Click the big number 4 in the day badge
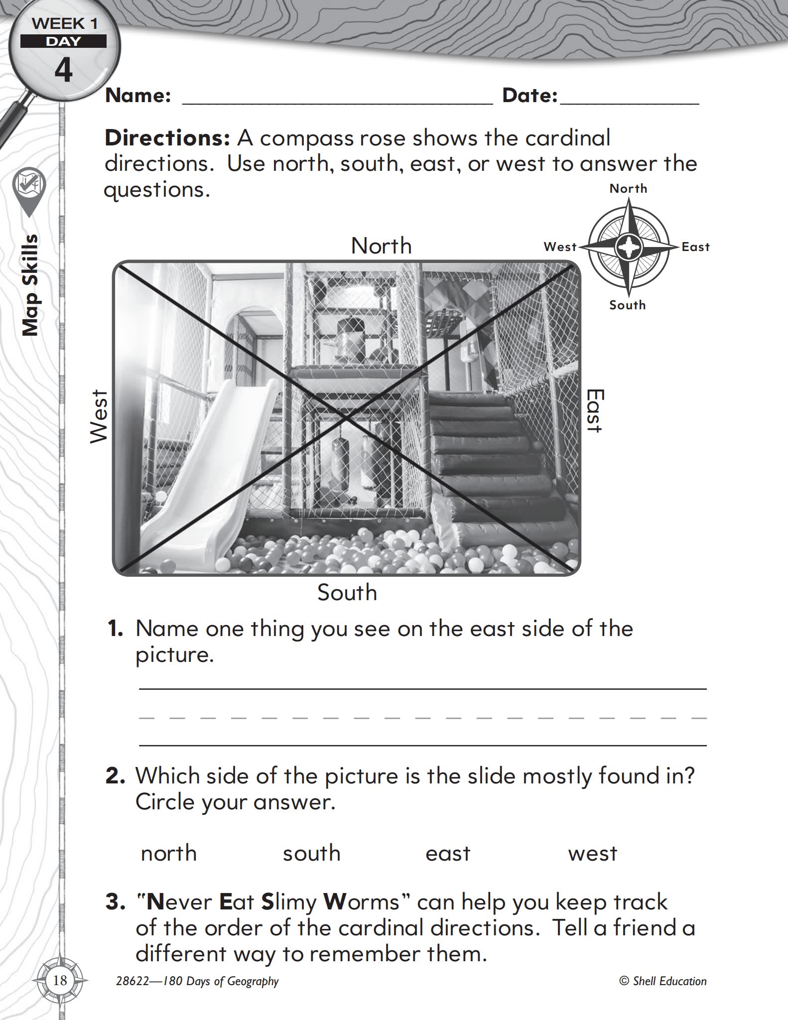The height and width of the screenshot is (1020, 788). tap(63, 70)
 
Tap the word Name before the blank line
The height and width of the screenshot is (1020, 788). tap(138, 96)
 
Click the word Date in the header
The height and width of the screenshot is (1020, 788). tap(529, 96)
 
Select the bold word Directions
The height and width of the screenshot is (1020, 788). tap(167, 138)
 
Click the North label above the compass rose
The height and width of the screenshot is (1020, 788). tap(628, 189)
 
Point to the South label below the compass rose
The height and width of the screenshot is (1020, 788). tap(628, 305)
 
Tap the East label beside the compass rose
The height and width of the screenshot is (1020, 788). tap(695, 247)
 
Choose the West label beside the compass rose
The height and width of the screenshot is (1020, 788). tap(560, 247)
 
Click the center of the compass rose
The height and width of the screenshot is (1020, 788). tap(628, 247)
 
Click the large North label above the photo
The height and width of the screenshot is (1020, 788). tap(382, 246)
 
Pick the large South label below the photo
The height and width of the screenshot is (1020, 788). tap(347, 593)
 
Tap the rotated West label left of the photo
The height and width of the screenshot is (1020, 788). tap(99, 416)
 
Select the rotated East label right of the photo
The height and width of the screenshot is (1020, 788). tap(595, 411)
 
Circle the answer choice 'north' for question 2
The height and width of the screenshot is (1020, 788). tap(169, 854)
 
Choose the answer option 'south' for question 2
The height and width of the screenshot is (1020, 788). tap(312, 854)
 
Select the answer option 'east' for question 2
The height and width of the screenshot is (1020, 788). tap(448, 854)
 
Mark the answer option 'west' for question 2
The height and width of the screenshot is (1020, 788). tap(592, 854)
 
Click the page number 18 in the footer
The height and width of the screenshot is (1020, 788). tap(60, 981)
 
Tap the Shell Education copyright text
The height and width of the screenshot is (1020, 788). tap(663, 981)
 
